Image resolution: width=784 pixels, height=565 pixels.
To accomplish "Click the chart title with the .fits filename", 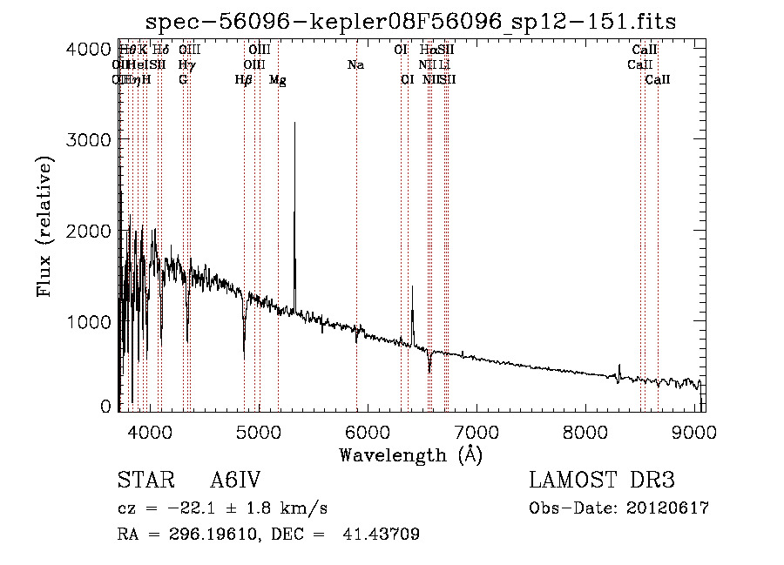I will point(410,20).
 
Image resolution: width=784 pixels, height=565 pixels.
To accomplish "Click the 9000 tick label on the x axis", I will point(694,432).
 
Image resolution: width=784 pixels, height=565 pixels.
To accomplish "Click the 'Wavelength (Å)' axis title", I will point(410,454).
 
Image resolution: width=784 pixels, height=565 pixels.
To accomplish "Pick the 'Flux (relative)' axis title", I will point(45,226).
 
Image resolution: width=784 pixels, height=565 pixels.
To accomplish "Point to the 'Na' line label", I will point(355,64).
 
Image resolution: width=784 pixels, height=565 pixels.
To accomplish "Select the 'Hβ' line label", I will point(244,79).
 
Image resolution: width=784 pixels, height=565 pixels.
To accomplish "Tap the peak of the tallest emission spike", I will point(294,124).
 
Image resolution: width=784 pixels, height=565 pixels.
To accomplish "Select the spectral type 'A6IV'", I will point(235,481).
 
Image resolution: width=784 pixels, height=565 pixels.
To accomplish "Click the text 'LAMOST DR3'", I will point(602,481).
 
